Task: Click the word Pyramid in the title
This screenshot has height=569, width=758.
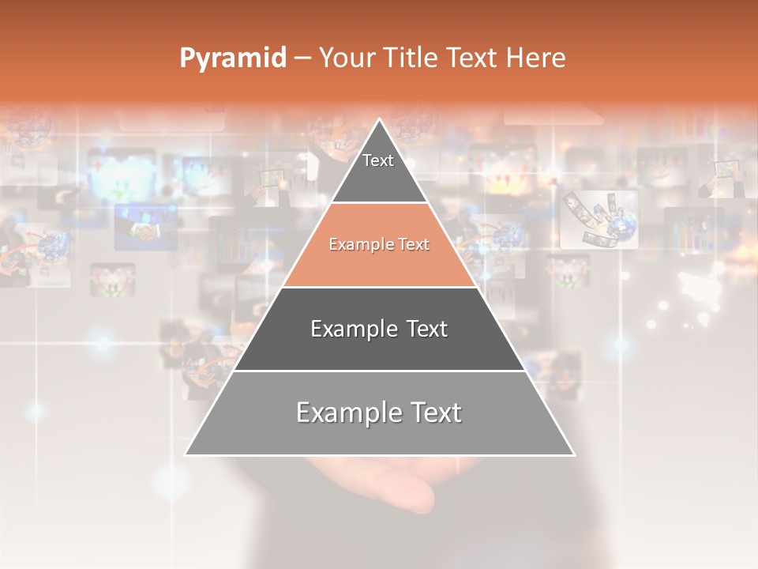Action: (x=233, y=58)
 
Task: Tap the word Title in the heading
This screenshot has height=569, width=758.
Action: (x=415, y=58)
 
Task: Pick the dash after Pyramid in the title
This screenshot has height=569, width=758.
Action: (x=302, y=58)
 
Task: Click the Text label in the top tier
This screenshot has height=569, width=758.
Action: (x=378, y=160)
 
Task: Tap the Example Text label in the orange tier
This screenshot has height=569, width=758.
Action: (x=379, y=244)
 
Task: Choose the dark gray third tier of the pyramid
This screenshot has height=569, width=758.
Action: (x=379, y=348)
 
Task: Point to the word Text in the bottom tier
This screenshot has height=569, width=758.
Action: (x=433, y=413)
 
